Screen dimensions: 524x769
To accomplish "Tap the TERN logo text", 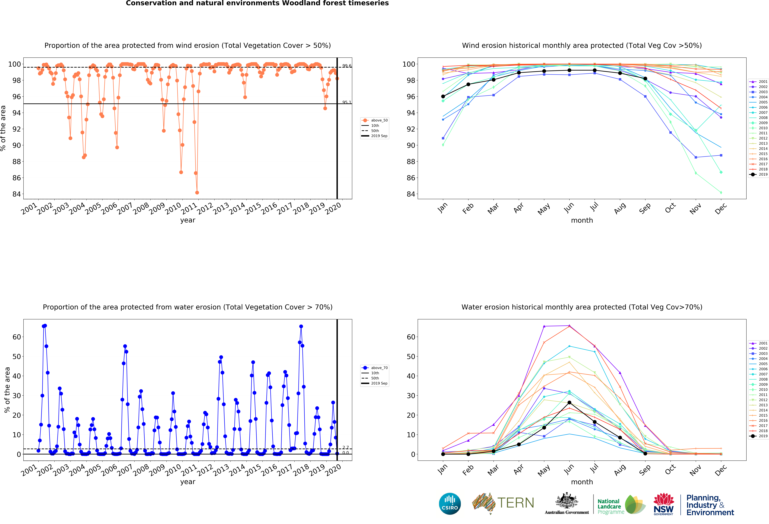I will click(x=516, y=503).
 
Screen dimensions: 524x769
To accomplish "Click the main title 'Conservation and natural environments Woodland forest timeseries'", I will click(x=257, y=3).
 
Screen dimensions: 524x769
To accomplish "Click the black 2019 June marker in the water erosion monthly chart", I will click(x=569, y=403).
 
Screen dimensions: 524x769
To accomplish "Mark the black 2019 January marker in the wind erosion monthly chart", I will click(x=443, y=97).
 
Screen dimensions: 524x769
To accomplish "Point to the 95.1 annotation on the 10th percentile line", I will click(x=346, y=102).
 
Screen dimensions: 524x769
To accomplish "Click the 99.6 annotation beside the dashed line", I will click(x=346, y=66).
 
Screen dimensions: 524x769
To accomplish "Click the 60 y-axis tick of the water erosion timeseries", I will click(x=17, y=337).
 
